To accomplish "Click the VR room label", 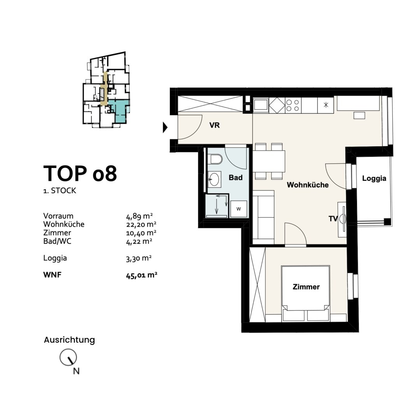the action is point(215,125).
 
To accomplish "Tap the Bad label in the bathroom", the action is point(235,178).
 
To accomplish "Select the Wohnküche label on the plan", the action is point(308,185).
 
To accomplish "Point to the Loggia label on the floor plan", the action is point(374,178).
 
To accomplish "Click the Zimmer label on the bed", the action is point(306,287).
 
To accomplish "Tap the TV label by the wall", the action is point(333,219).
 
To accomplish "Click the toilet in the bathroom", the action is point(216,160).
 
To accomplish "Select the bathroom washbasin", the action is point(214,179).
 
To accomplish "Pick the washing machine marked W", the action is point(238,209).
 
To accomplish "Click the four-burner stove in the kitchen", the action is point(293,105).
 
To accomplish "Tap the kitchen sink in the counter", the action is point(261,105).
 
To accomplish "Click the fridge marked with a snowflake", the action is point(325,105).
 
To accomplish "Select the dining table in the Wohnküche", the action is point(269,161).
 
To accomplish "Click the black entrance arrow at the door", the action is point(165,127).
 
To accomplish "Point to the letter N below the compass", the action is point(76,371).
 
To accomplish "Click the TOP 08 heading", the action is point(80,173).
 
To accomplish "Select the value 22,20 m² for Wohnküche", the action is point(141,224).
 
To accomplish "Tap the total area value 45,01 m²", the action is point(142,275).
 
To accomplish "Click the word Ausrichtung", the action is point(69,340).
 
